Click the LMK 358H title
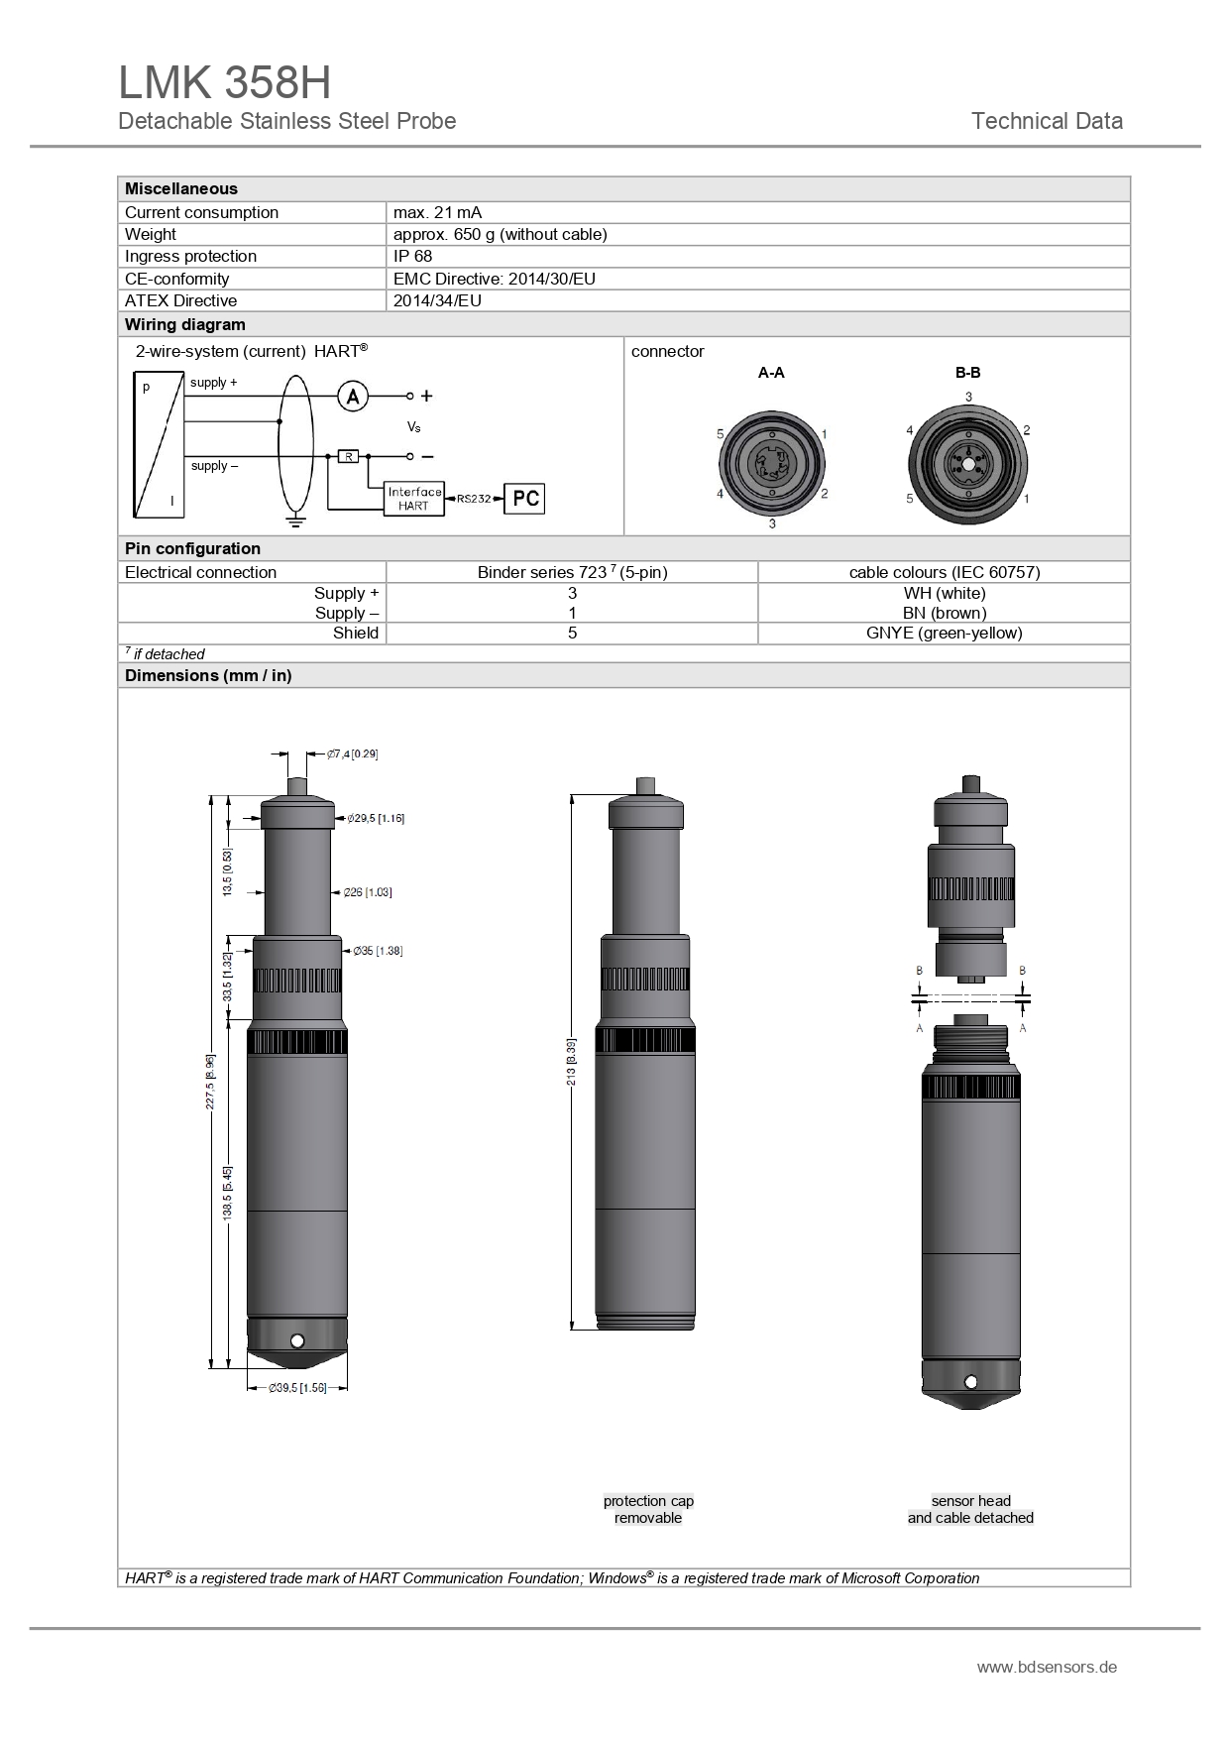click(x=225, y=83)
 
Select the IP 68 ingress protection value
click(x=412, y=256)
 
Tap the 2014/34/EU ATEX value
click(x=437, y=300)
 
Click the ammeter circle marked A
click(x=353, y=397)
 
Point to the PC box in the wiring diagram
click(x=524, y=498)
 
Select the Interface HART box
click(x=413, y=499)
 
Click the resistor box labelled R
click(x=348, y=456)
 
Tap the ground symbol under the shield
click(x=294, y=519)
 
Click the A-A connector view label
click(x=771, y=373)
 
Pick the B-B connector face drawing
click(x=968, y=463)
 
